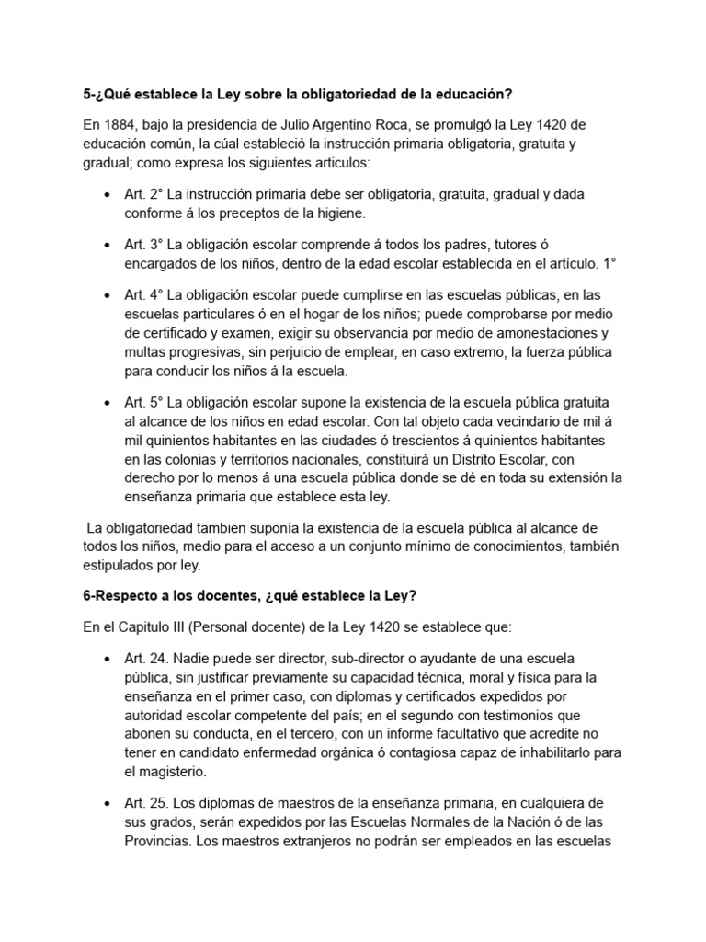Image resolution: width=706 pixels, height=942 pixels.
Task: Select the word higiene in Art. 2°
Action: point(340,213)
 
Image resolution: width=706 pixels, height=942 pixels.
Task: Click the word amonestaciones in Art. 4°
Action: point(536,332)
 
